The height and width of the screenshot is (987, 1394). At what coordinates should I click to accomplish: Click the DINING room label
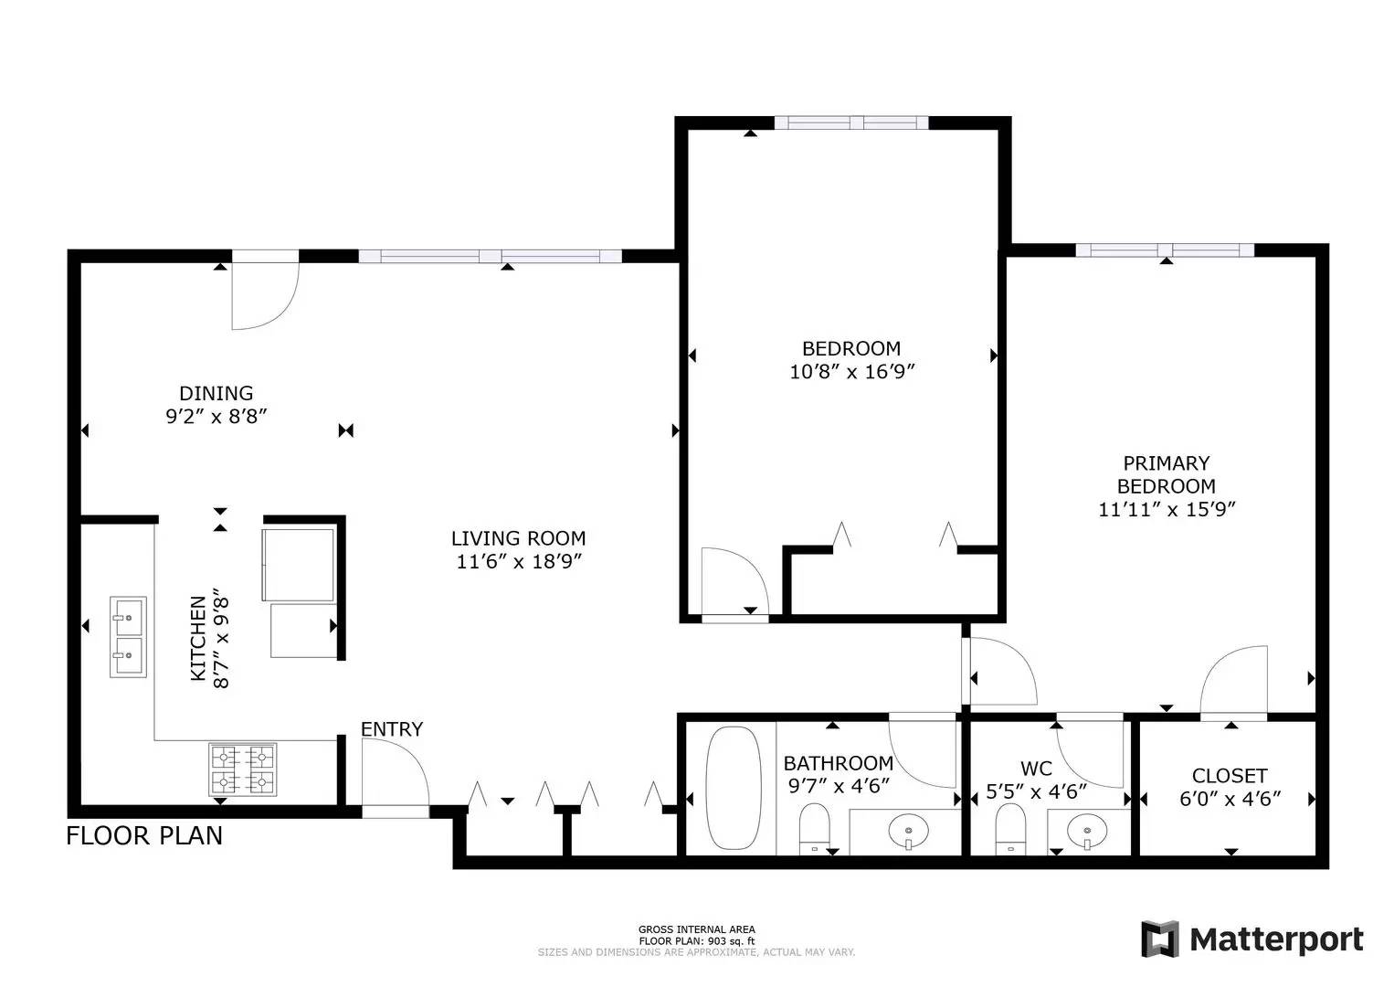(x=216, y=394)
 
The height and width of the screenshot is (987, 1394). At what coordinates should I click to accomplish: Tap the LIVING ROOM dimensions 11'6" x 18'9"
(x=519, y=562)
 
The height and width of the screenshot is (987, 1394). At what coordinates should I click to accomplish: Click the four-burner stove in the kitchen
(x=243, y=769)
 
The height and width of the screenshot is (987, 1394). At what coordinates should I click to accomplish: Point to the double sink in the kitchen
(x=128, y=637)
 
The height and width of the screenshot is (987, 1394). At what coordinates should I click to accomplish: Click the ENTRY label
(x=391, y=729)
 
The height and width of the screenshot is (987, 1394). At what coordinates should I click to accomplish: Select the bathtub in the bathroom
(x=734, y=788)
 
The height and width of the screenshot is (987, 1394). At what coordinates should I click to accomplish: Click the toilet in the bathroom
(x=813, y=827)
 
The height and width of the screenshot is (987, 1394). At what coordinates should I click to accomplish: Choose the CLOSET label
(x=1230, y=776)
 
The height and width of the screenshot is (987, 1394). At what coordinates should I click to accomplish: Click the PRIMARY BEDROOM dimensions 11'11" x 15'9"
(x=1167, y=509)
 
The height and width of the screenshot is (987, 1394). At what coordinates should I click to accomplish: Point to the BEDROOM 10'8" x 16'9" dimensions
(x=851, y=372)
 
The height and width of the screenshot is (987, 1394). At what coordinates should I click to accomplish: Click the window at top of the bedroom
(x=851, y=122)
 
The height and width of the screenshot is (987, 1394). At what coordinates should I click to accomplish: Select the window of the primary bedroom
(x=1165, y=249)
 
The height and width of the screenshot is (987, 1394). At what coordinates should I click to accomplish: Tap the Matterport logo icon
(x=1160, y=939)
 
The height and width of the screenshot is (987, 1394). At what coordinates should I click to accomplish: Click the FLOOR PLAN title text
(x=144, y=835)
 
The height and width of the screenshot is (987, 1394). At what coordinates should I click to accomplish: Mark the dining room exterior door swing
(x=263, y=294)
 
